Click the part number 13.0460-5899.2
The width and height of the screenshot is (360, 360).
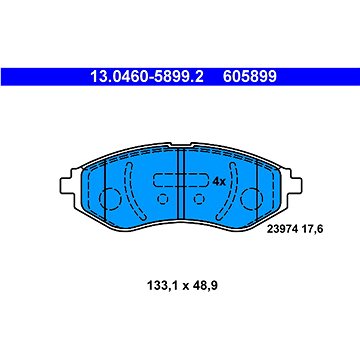[x=147, y=77]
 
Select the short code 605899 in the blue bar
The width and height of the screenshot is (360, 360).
[x=250, y=77]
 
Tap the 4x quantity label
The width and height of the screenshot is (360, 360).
[x=219, y=182]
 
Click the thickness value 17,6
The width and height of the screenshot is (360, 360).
[x=312, y=229]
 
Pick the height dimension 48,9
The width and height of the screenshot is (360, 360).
[x=204, y=285]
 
